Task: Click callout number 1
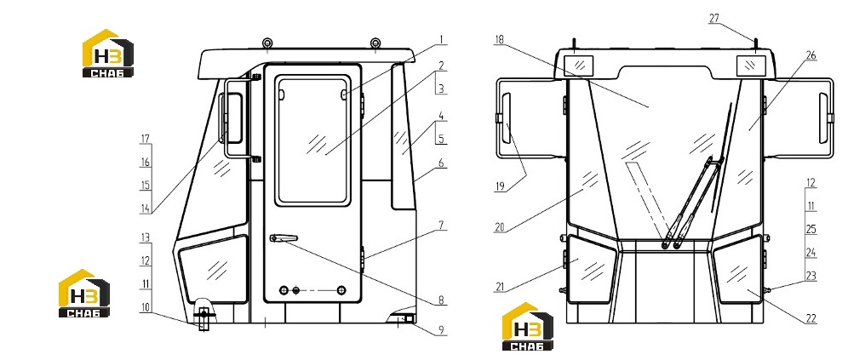pos(441,39)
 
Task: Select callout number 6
pos(441,163)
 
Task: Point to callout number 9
pos(441,330)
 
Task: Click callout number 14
pos(145,209)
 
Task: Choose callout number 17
pos(145,139)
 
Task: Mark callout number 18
pos(499,39)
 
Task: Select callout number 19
pos(500,187)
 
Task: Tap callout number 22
pos(811,319)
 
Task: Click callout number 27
pos(714,19)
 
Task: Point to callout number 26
pos(811,55)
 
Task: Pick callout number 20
pos(500,227)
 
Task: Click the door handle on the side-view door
pos(284,238)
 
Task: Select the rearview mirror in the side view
pos(234,117)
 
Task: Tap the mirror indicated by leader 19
pos(507,118)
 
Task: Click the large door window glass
pos(312,140)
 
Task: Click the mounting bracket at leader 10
pos(203,319)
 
